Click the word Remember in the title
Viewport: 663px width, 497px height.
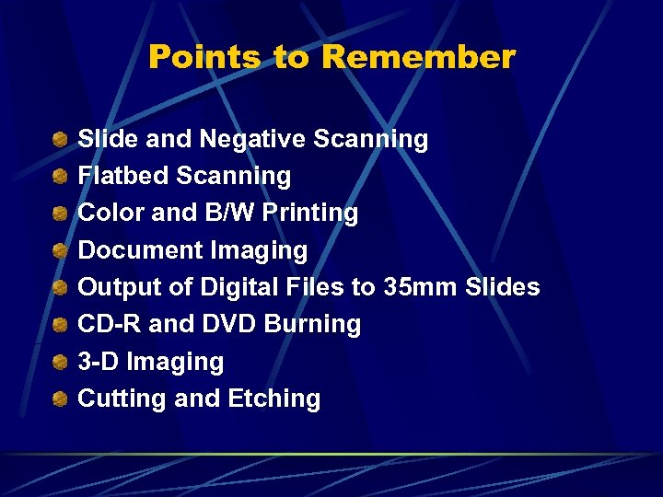(x=418, y=58)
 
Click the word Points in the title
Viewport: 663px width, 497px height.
(x=205, y=58)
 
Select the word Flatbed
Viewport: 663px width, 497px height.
(x=123, y=176)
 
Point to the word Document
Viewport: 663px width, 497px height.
(x=141, y=250)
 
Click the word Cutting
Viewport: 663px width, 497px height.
(x=113, y=399)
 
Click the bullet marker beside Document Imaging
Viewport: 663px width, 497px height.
(x=59, y=250)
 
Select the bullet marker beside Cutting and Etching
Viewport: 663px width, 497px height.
(x=59, y=399)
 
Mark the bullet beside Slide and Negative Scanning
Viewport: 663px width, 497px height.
(x=59, y=139)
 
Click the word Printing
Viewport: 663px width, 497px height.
(x=310, y=214)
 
